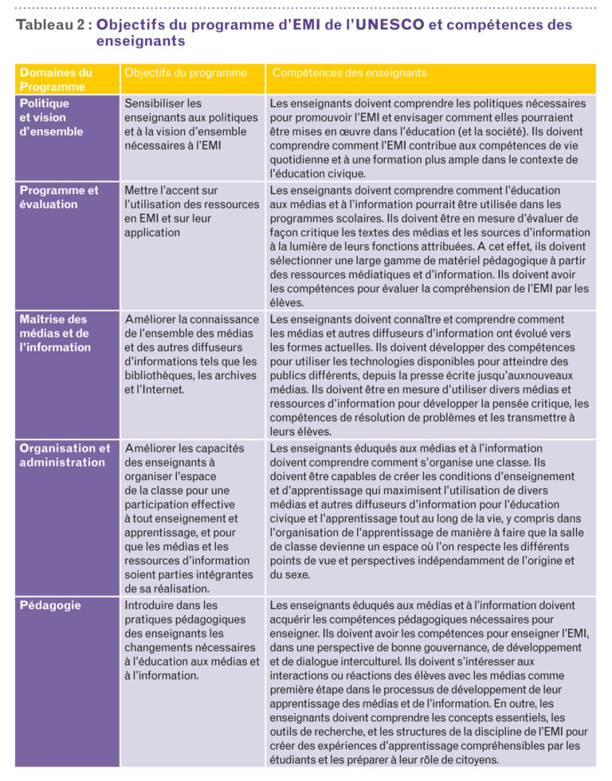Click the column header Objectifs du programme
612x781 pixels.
coord(186,73)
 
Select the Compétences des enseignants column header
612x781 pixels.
coord(349,73)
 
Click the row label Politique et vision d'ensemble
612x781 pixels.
coord(51,117)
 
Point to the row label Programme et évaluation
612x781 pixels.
coord(59,197)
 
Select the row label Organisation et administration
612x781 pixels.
coord(64,455)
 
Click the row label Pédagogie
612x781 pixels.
coord(49,606)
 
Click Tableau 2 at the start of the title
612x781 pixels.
coord(49,25)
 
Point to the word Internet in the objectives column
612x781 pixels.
coord(163,390)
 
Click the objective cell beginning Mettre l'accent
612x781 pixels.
coord(191,212)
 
